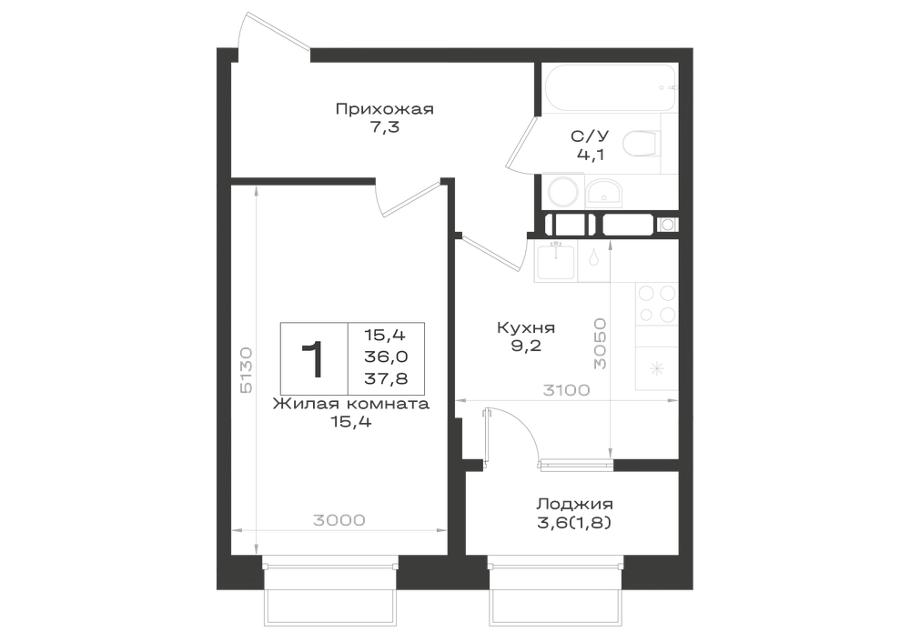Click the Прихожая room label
coord(385,109)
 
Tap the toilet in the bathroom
coord(642,143)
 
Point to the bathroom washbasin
coord(604,193)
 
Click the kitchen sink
coord(556,262)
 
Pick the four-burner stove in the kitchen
coord(657,303)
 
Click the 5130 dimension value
coord(246,370)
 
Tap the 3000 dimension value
coord(339,520)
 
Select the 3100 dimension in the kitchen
coord(566,390)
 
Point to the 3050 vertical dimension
coord(600,343)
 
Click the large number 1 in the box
coord(313,359)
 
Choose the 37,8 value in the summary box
coord(386,378)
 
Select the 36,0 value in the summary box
coord(386,357)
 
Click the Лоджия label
coord(574,504)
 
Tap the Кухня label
coord(526,327)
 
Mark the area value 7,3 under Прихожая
coord(385,127)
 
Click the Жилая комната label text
coord(351,404)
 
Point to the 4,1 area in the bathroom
coord(590,155)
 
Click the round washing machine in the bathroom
coord(563,191)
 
